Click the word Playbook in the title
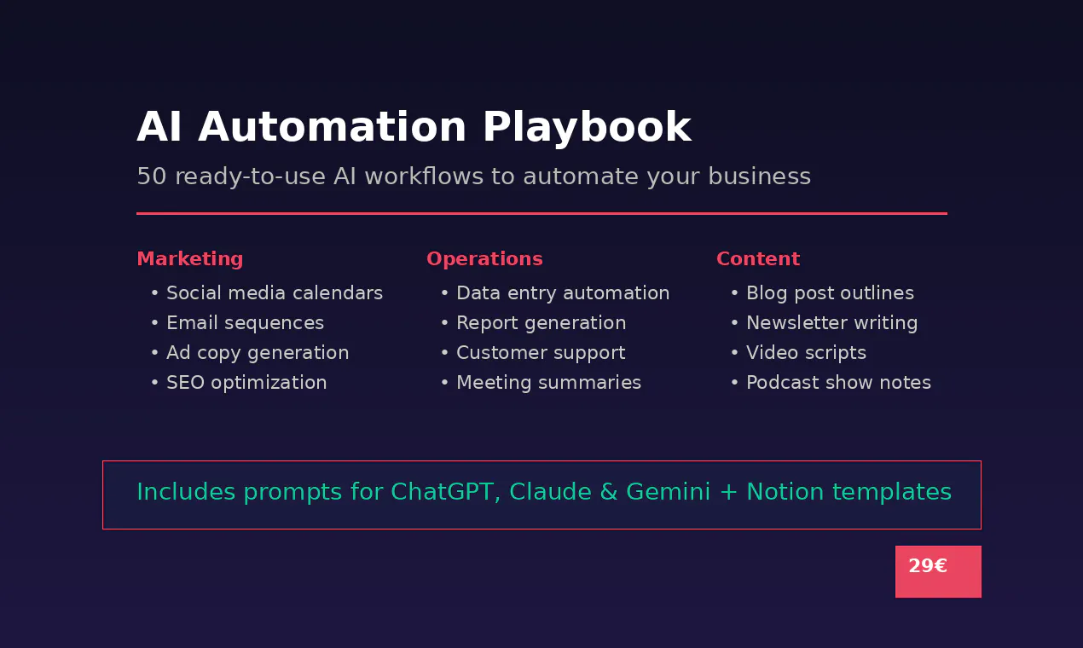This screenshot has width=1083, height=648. (587, 128)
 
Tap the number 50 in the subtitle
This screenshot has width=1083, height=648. (152, 176)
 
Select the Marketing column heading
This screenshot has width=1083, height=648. (190, 259)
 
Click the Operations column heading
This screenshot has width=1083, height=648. (484, 259)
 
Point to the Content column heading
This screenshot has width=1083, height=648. (758, 259)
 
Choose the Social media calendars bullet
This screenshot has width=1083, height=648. (275, 293)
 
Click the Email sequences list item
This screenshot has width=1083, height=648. (245, 323)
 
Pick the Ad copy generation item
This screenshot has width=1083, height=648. (258, 353)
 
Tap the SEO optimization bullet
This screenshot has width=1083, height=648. (246, 383)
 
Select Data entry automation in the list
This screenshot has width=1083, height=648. (563, 293)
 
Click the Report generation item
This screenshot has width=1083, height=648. (541, 323)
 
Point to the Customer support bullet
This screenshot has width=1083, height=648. (541, 353)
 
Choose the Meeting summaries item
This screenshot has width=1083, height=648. (549, 383)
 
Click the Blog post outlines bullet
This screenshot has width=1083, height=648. (830, 293)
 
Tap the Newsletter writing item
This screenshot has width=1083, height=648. (832, 323)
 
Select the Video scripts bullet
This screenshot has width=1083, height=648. (806, 353)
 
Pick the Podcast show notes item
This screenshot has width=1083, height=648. (838, 383)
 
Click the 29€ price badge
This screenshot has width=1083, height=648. (938, 571)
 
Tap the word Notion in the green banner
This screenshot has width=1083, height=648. (785, 492)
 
